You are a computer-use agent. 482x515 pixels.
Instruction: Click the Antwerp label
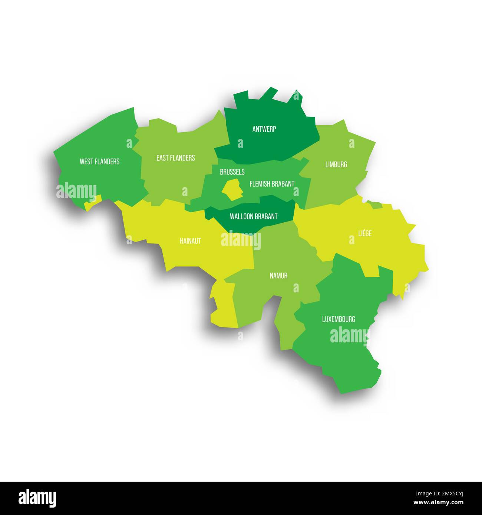click(264, 129)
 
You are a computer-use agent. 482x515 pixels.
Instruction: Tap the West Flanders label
click(99, 162)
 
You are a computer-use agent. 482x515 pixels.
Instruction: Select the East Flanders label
click(175, 158)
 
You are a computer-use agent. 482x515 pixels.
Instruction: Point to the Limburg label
click(336, 164)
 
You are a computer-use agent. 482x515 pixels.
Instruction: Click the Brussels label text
click(232, 172)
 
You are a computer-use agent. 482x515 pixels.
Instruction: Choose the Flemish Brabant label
click(272, 184)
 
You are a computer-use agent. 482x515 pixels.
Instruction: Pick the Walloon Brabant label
click(254, 216)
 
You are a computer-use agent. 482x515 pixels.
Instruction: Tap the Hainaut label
click(190, 241)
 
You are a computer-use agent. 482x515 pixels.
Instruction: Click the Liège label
click(365, 233)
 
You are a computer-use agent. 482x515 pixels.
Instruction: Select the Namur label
click(278, 276)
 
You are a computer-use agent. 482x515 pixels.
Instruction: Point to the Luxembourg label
click(339, 319)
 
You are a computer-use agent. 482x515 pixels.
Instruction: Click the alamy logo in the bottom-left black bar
click(37, 498)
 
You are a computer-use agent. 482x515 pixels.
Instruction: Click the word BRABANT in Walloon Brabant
click(266, 216)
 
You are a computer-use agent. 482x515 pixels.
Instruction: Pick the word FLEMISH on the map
click(259, 184)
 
